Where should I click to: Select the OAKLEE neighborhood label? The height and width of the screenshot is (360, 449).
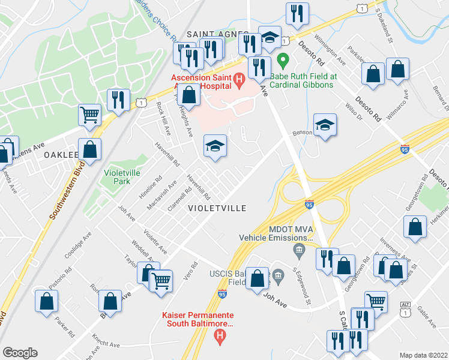tap(61, 155)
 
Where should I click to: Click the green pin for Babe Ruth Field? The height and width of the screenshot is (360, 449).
tap(285, 61)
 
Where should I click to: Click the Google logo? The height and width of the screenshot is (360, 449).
tap(20, 352)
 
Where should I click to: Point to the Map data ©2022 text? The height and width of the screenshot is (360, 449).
tap(424, 355)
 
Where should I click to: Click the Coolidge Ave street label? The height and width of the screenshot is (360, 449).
tap(77, 250)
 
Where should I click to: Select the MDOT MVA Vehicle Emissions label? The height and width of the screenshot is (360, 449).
tap(276, 233)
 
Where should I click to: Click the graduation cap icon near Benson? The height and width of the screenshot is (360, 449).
tap(325, 125)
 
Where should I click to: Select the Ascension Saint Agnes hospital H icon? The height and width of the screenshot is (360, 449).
tap(239, 78)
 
